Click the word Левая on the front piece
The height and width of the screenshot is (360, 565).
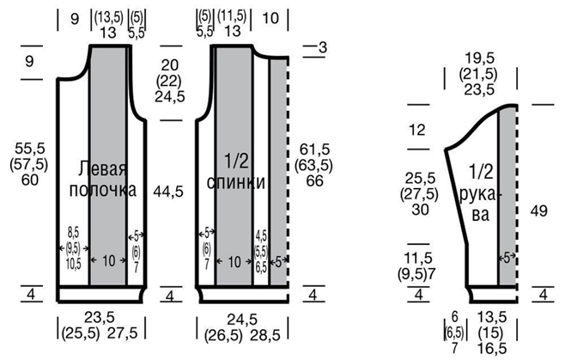pyautogui.click(x=102, y=168)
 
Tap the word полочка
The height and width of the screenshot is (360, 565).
pyautogui.click(x=103, y=190)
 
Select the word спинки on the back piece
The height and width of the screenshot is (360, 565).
pyautogui.click(x=236, y=182)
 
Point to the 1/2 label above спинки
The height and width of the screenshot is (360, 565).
pyautogui.click(x=236, y=161)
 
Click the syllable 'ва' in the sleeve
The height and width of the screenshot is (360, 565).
pyautogui.click(x=481, y=215)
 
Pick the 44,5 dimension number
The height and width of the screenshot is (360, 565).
pyautogui.click(x=168, y=192)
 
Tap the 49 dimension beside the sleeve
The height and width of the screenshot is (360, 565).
pyautogui.click(x=538, y=211)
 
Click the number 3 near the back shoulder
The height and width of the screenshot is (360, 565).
pyautogui.click(x=323, y=47)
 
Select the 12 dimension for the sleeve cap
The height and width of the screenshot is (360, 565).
pyautogui.click(x=417, y=130)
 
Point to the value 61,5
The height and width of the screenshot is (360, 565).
pyautogui.click(x=314, y=149)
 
